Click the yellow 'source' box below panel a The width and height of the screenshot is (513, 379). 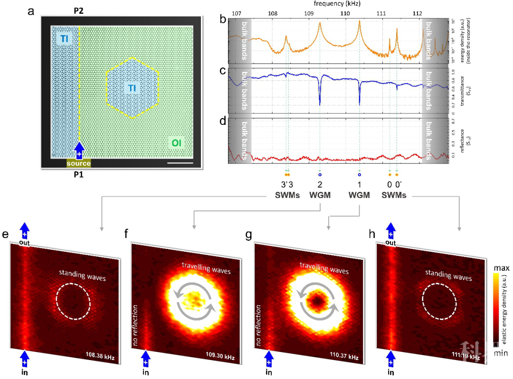pyautogui.click(x=78, y=163)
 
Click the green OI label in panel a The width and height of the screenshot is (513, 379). pyautogui.click(x=176, y=142)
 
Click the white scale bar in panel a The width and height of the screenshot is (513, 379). pyautogui.click(x=180, y=163)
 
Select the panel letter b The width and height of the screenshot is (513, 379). pyautogui.click(x=222, y=19)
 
